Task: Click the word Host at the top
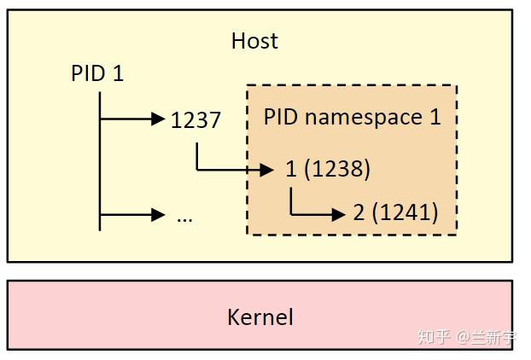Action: (x=254, y=40)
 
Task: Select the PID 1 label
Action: (x=97, y=74)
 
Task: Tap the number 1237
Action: (x=195, y=120)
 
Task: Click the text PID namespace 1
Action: (x=352, y=116)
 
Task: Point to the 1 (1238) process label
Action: (x=328, y=169)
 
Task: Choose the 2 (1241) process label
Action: (x=395, y=212)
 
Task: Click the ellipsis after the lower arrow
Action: (x=184, y=216)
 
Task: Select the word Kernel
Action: (x=260, y=317)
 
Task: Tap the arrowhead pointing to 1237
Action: (x=157, y=119)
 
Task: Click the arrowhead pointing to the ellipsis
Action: (x=157, y=215)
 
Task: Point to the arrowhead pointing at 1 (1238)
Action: (x=268, y=170)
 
